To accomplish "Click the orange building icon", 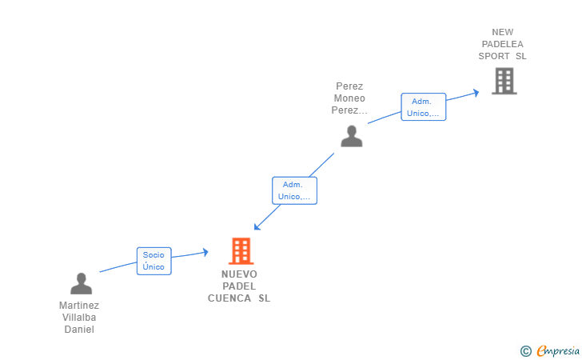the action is (x=241, y=251).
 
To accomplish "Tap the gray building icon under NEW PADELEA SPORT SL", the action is (x=504, y=81).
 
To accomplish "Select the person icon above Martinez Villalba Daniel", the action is (x=82, y=283).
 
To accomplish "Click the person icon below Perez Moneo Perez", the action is (x=352, y=136).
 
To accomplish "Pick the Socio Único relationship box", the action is (x=154, y=261).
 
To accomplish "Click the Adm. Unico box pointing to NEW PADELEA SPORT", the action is (x=424, y=107).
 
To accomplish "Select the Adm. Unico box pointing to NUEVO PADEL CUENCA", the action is (x=294, y=190).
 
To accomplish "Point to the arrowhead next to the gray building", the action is (x=476, y=93).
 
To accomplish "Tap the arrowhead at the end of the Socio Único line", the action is (x=205, y=252).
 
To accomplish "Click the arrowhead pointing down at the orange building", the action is (x=257, y=226).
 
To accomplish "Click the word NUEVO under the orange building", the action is (x=239, y=274).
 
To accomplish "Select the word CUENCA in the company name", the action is (x=229, y=298).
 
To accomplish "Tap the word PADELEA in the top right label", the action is (x=503, y=44).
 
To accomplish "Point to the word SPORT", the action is (x=494, y=56).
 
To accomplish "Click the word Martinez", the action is (x=79, y=306).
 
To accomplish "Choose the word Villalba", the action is (x=79, y=318).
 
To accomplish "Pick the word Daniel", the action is (x=79, y=329).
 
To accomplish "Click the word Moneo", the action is (x=349, y=98).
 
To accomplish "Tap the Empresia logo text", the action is (x=558, y=350).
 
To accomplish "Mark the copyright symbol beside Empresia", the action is (x=526, y=351).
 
